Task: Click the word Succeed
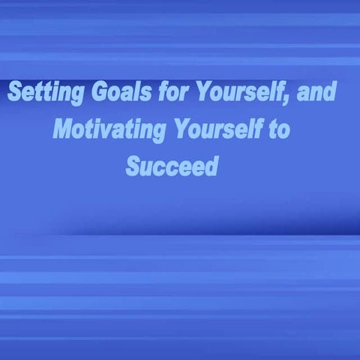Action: [172, 166]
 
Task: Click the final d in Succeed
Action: [211, 166]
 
